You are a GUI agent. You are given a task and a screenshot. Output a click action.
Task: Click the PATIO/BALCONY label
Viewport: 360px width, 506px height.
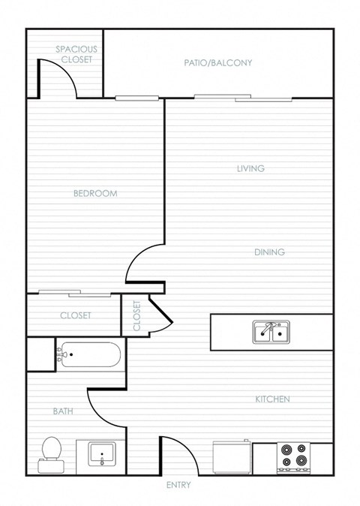217,63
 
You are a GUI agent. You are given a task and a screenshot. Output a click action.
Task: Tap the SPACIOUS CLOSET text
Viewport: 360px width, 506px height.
76,54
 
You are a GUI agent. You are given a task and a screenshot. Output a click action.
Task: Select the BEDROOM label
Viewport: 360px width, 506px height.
95,194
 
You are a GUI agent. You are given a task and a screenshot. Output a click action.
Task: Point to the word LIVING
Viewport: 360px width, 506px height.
250,169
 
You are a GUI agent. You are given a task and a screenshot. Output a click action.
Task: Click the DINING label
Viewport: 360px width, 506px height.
269,252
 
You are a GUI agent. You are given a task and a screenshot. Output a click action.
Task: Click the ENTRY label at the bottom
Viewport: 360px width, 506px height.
178,486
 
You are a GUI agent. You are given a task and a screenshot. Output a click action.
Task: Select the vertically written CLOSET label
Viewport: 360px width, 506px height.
136,316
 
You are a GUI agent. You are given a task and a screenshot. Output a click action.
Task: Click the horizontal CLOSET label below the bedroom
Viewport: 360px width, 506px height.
75,316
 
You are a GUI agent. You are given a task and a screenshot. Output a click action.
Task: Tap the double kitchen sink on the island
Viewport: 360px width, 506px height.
271,331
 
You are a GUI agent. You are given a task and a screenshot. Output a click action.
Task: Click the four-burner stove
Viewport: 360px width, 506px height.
293,457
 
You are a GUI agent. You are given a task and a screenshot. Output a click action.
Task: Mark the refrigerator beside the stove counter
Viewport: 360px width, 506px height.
231,457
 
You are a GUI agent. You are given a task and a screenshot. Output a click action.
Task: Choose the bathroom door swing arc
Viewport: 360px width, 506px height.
105,409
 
